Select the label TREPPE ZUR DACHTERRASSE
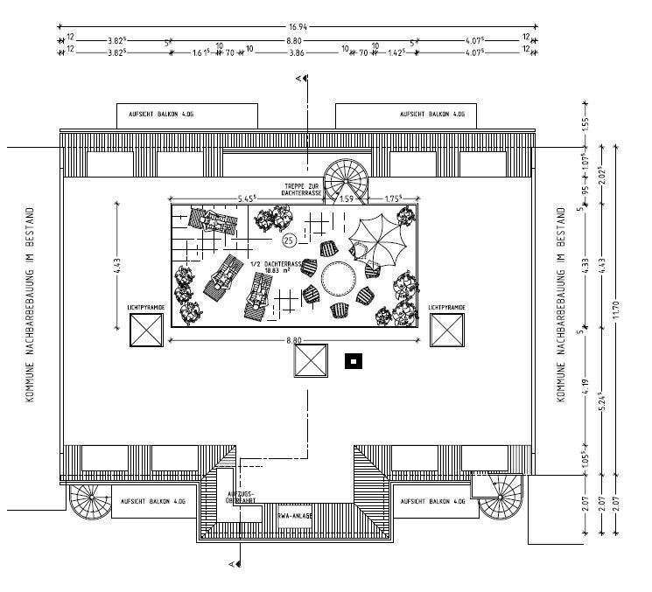click(304, 190)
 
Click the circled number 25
click(288, 240)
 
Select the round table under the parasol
click(338, 280)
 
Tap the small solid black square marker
click(354, 360)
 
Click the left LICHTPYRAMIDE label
click(146, 308)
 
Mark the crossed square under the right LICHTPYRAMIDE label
click(446, 331)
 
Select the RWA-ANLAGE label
click(294, 516)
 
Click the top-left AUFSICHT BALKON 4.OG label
click(187, 115)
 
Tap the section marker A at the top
click(298, 80)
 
